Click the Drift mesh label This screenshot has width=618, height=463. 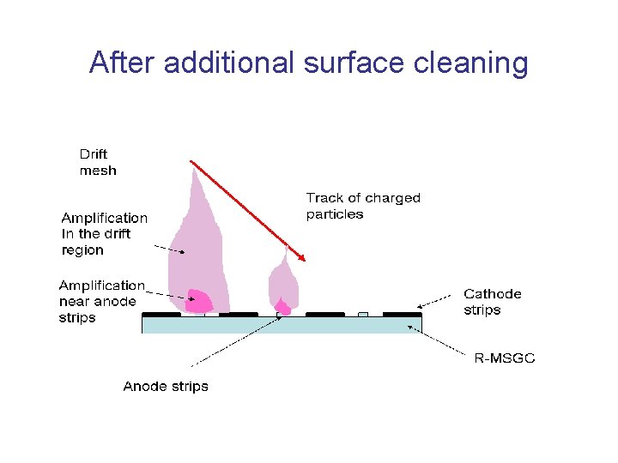(97, 162)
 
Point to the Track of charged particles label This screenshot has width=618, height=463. (363, 206)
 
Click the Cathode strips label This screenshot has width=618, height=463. (492, 301)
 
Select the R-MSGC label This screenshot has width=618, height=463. (504, 358)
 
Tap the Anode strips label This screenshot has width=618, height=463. (165, 387)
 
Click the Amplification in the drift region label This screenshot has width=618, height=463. (104, 234)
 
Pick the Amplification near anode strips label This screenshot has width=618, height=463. (101, 301)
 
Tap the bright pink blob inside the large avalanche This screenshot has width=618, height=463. (199, 301)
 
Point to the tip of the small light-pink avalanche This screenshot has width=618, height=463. (287, 247)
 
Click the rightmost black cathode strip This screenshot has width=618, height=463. (402, 315)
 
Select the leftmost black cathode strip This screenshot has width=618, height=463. (161, 315)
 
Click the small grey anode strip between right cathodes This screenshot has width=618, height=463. (363, 315)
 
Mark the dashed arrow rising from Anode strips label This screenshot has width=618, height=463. (232, 341)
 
